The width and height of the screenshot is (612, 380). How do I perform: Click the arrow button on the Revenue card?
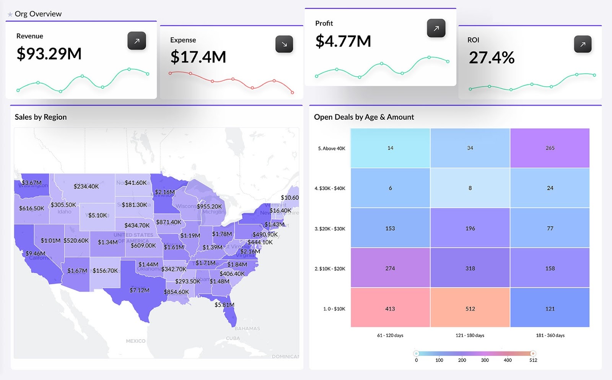pos(137,41)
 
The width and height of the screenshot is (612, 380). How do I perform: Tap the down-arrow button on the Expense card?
pos(284,44)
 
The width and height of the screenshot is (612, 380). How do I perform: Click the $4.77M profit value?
pos(343,41)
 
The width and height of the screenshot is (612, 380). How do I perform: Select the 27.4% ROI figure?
pos(492,58)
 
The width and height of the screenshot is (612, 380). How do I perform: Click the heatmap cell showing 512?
pos(470,308)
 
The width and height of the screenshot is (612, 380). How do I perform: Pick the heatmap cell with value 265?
pos(550,148)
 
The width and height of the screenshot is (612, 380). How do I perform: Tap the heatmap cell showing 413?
pos(390,308)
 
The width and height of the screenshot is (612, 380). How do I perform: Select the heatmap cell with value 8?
pos(470,188)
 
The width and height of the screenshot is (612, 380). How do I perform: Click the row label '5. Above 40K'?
pos(332,148)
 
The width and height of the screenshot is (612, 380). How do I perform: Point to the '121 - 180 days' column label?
pos(470,335)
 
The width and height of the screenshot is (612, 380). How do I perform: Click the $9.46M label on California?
pos(36,253)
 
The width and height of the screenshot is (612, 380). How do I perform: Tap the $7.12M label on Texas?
pos(140,290)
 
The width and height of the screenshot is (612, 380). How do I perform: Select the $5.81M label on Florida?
pos(224,305)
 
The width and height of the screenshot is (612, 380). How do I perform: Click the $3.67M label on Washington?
pos(31,183)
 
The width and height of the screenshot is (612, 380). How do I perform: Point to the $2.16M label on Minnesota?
pos(165,192)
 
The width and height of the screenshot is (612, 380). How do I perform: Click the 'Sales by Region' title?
pos(41,117)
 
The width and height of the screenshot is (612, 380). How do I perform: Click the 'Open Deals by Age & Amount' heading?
pos(364,117)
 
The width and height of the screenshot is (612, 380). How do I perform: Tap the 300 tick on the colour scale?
pos(485,360)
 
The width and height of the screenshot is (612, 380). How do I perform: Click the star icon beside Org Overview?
pos(10,15)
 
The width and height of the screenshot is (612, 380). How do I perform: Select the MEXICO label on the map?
pos(135,341)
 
